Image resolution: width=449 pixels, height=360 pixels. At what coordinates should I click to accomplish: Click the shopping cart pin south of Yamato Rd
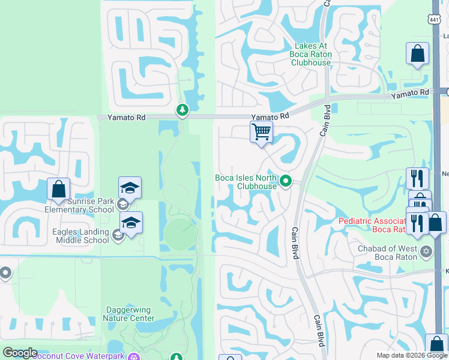coord(261,131)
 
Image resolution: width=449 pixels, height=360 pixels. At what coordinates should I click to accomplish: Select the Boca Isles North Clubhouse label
coord(246,181)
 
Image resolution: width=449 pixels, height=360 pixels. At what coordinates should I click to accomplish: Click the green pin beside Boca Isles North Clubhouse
coord(286,181)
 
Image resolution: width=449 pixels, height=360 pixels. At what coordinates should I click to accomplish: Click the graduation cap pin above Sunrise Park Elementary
coord(130,188)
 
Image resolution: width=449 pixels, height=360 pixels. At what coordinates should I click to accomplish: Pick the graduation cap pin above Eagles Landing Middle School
coord(131,223)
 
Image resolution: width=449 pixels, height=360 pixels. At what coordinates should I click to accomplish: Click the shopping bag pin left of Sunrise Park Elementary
coord(59,189)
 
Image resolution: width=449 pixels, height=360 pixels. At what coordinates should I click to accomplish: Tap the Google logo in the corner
coord(20,353)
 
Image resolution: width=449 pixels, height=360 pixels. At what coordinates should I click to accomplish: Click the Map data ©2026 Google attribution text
coord(411,355)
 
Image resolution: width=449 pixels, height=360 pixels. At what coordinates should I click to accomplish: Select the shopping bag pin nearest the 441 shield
coord(417,54)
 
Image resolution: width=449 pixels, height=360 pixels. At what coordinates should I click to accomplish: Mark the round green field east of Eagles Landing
coord(178,234)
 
